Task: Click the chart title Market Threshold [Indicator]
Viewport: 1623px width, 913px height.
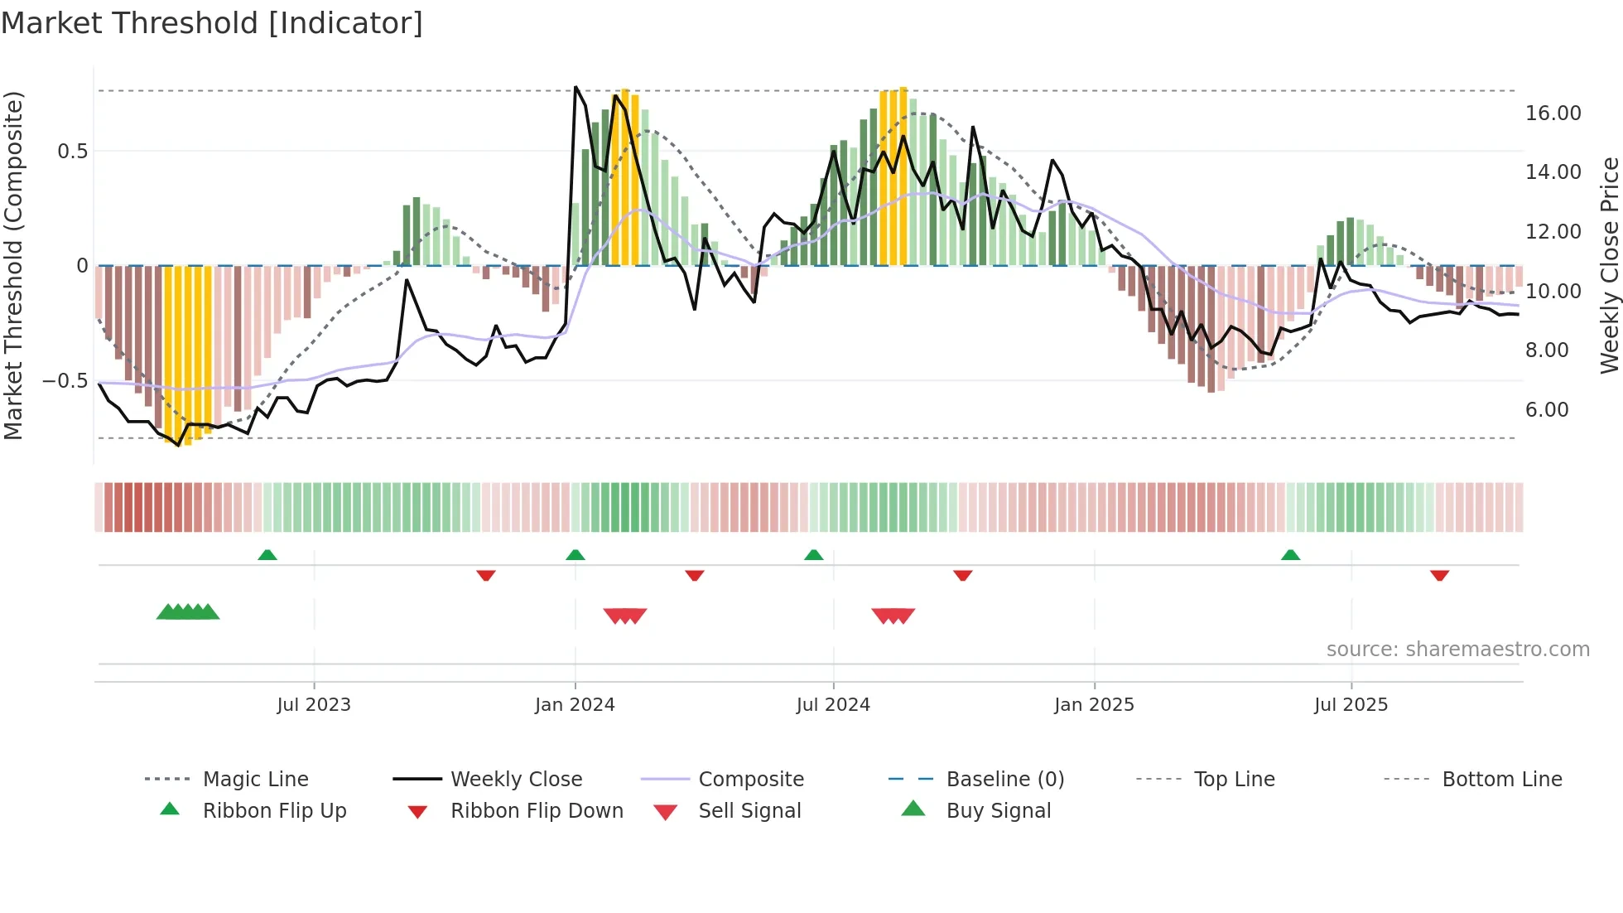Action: [x=212, y=23]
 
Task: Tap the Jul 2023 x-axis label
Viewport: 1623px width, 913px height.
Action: [x=314, y=705]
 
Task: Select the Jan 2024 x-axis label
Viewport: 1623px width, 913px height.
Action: [x=575, y=705]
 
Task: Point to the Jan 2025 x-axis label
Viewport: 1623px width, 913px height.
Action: [x=1094, y=705]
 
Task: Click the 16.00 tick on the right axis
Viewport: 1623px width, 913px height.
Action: [x=1553, y=114]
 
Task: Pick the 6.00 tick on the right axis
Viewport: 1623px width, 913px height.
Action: [x=1546, y=410]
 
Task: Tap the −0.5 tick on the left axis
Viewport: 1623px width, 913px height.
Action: [x=65, y=381]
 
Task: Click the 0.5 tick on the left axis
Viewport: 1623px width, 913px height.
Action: [x=72, y=152]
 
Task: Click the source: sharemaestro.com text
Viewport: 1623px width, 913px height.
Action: [x=1457, y=650]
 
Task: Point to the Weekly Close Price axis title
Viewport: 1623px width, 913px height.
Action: [x=1609, y=265]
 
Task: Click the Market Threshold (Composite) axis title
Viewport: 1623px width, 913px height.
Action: [x=13, y=265]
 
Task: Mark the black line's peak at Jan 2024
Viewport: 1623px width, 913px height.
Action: [x=576, y=87]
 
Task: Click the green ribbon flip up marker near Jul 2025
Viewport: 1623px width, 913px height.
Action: [x=1290, y=555]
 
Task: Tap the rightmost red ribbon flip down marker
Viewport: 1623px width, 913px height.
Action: [x=1439, y=575]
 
